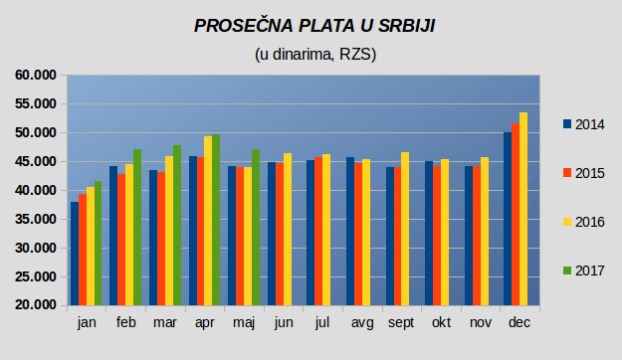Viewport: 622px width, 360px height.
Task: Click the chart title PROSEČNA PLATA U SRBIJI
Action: [314, 26]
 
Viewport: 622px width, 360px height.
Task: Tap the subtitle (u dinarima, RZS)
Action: [315, 55]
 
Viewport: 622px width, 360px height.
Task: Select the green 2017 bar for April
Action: [216, 220]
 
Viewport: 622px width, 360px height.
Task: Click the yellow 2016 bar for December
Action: [523, 209]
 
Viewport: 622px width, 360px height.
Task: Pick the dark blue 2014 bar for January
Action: [75, 254]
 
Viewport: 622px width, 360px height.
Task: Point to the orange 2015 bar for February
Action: [121, 240]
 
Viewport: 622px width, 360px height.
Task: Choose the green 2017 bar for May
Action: [256, 228]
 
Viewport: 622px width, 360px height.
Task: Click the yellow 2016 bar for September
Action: [405, 229]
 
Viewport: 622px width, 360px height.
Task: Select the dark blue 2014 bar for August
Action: [350, 231]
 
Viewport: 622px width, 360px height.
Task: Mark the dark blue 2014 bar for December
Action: [508, 219]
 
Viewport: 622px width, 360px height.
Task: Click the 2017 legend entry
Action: [583, 270]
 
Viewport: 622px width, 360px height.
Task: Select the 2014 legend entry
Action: [583, 124]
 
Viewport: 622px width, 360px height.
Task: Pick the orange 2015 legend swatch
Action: [567, 173]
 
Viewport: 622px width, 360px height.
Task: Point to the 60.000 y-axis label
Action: [36, 75]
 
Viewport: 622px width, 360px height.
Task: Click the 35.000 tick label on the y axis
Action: [36, 219]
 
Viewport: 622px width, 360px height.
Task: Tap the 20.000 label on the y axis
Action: [36, 305]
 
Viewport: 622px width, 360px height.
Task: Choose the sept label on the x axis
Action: [401, 323]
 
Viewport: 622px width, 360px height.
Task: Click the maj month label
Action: [244, 323]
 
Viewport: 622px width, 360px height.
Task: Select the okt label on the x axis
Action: [441, 322]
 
